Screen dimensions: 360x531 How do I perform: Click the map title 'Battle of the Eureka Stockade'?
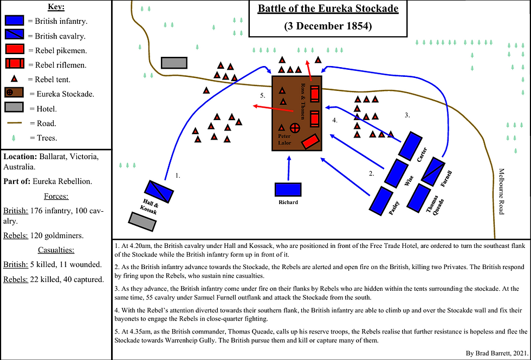[328, 9]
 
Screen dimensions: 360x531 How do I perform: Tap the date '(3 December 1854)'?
[328, 26]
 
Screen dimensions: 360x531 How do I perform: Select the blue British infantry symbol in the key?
[15, 22]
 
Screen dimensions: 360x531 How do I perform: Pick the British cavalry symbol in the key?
[15, 36]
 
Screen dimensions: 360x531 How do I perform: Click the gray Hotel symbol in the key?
[15, 108]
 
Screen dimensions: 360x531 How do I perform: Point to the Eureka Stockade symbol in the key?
[15, 93]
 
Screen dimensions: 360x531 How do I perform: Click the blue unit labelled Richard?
[288, 189]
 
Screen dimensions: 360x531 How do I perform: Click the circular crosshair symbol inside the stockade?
[295, 128]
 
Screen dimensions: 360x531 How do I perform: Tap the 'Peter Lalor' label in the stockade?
[284, 140]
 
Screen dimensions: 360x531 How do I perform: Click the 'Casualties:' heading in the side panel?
[55, 250]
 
